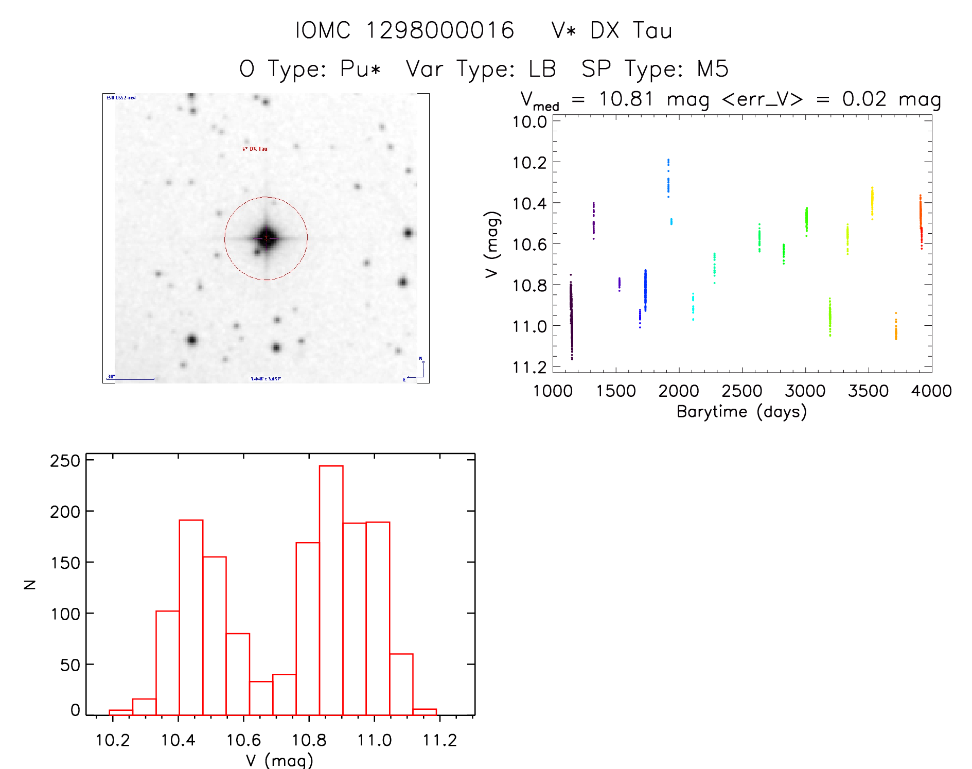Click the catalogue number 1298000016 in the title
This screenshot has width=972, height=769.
pyautogui.click(x=439, y=30)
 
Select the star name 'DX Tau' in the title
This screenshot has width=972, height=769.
pyautogui.click(x=631, y=30)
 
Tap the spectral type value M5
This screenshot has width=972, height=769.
pyautogui.click(x=713, y=69)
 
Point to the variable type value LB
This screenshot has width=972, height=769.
pyautogui.click(x=542, y=69)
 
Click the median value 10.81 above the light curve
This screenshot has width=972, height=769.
pyautogui.click(x=626, y=99)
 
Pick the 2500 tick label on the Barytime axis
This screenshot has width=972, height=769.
pyautogui.click(x=742, y=391)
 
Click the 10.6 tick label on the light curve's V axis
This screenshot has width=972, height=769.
pyautogui.click(x=529, y=244)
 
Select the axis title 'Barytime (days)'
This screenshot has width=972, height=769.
pyautogui.click(x=741, y=412)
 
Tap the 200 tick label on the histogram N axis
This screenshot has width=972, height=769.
pyautogui.click(x=65, y=512)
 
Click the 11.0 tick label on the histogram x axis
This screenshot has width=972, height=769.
pyautogui.click(x=374, y=740)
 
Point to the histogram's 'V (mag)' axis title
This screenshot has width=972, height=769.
pyautogui.click(x=279, y=760)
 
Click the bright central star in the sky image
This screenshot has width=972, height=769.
pyautogui.click(x=266, y=238)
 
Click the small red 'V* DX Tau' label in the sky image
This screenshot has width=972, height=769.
pyautogui.click(x=255, y=149)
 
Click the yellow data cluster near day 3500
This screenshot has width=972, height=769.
pyautogui.click(x=872, y=203)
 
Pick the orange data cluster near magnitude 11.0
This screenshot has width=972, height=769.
pyautogui.click(x=896, y=328)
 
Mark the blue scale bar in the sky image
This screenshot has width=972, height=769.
pyautogui.click(x=131, y=379)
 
